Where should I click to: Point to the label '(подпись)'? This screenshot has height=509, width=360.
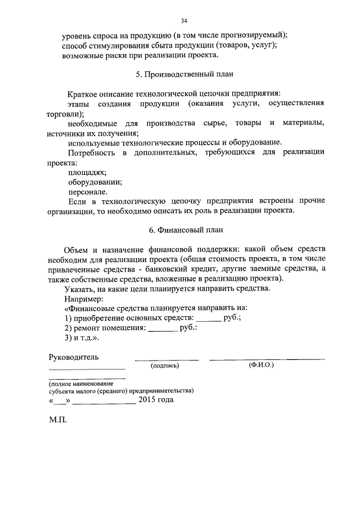tap(165, 366)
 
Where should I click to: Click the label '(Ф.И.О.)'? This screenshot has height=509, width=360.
tap(260, 365)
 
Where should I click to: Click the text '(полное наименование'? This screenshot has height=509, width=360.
tap(81, 382)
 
